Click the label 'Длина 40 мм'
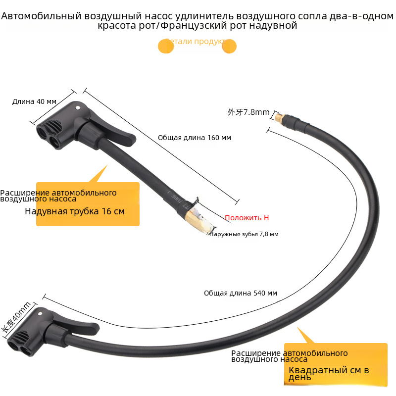pyautogui.click(x=34, y=101)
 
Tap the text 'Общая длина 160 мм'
pyautogui.click(x=195, y=138)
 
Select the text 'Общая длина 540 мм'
pyautogui.click(x=241, y=293)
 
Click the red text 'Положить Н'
pyautogui.click(x=247, y=218)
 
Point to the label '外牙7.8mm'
pyautogui.click(x=248, y=112)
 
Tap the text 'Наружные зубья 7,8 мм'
pyautogui.click(x=244, y=234)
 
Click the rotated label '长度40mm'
pyautogui.click(x=16, y=317)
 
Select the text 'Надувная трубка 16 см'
pyautogui.click(x=75, y=211)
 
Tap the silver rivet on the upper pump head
pyautogui.click(x=77, y=106)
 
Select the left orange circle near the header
pyautogui.click(x=165, y=46)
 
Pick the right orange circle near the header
pyautogui.click(x=229, y=46)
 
